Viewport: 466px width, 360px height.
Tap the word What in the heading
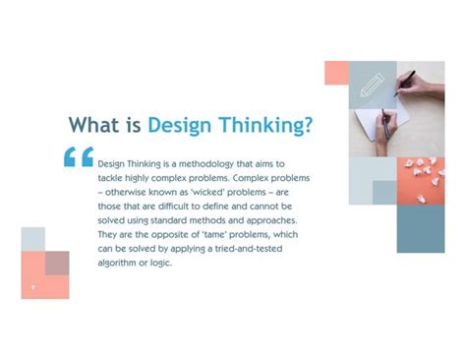click(96, 126)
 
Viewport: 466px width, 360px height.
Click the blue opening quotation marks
click(79, 156)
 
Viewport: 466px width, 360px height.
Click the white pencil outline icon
click(373, 85)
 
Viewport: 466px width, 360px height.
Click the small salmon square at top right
click(336, 72)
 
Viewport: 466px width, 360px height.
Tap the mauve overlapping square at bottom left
click(57, 263)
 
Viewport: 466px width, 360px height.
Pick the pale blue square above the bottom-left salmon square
click(32, 238)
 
